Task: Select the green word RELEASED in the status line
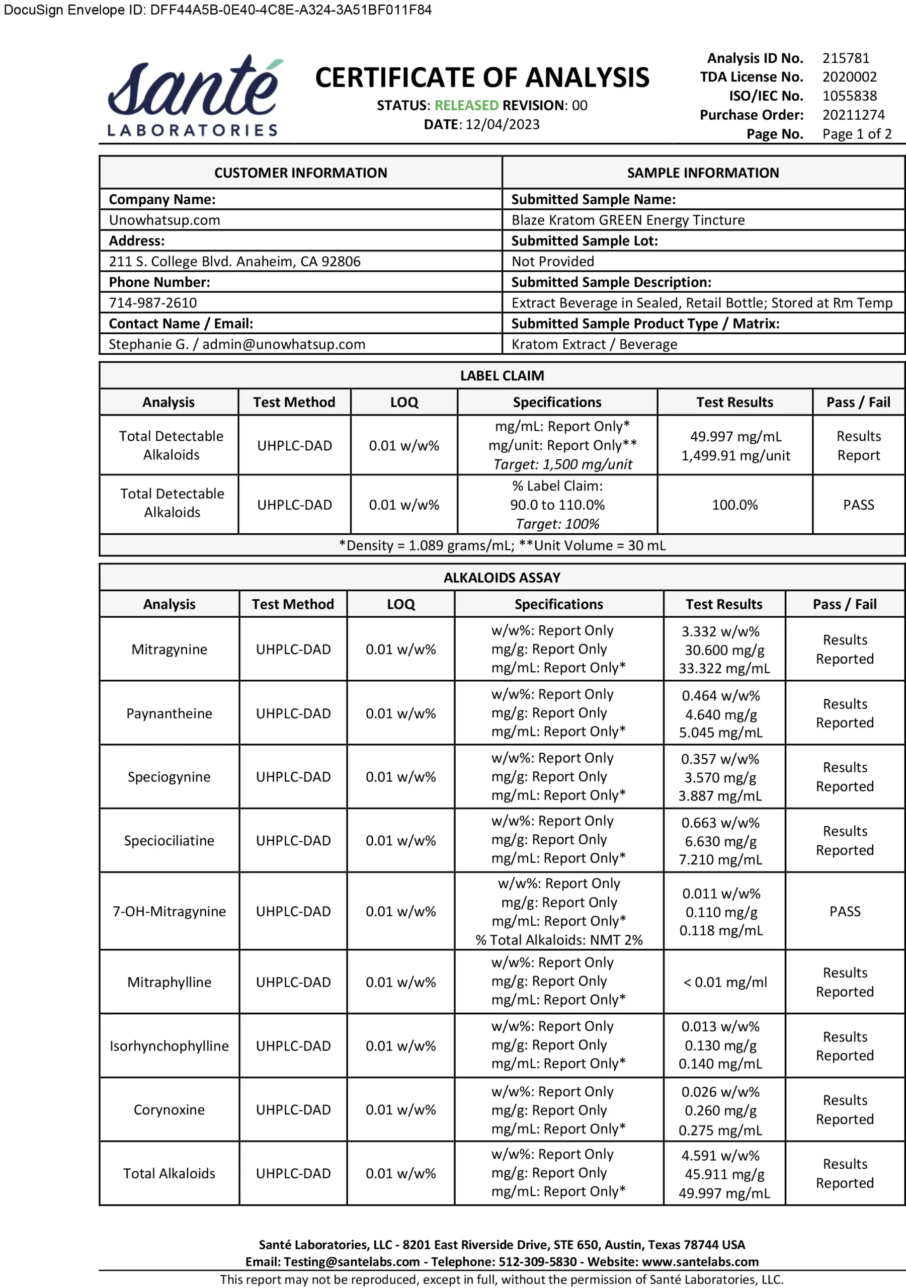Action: (466, 106)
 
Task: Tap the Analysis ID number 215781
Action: (846, 58)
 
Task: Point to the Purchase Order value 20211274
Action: (853, 115)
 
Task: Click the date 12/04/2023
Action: (502, 125)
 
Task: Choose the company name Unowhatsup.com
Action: (164, 220)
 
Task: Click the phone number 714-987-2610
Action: (152, 303)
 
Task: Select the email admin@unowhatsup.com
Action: (283, 345)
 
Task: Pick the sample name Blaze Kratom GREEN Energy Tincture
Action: (628, 220)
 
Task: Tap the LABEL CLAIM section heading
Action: (502, 376)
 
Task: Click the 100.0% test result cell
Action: (734, 505)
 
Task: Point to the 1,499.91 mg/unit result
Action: (735, 455)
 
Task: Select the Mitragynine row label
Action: (169, 650)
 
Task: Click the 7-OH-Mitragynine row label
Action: (169, 912)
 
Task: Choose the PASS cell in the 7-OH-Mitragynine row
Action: (844, 912)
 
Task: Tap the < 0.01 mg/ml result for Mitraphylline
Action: (725, 982)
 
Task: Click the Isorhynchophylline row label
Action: (169, 1046)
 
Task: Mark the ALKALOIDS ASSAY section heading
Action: (502, 578)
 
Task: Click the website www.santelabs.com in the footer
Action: (700, 1262)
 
